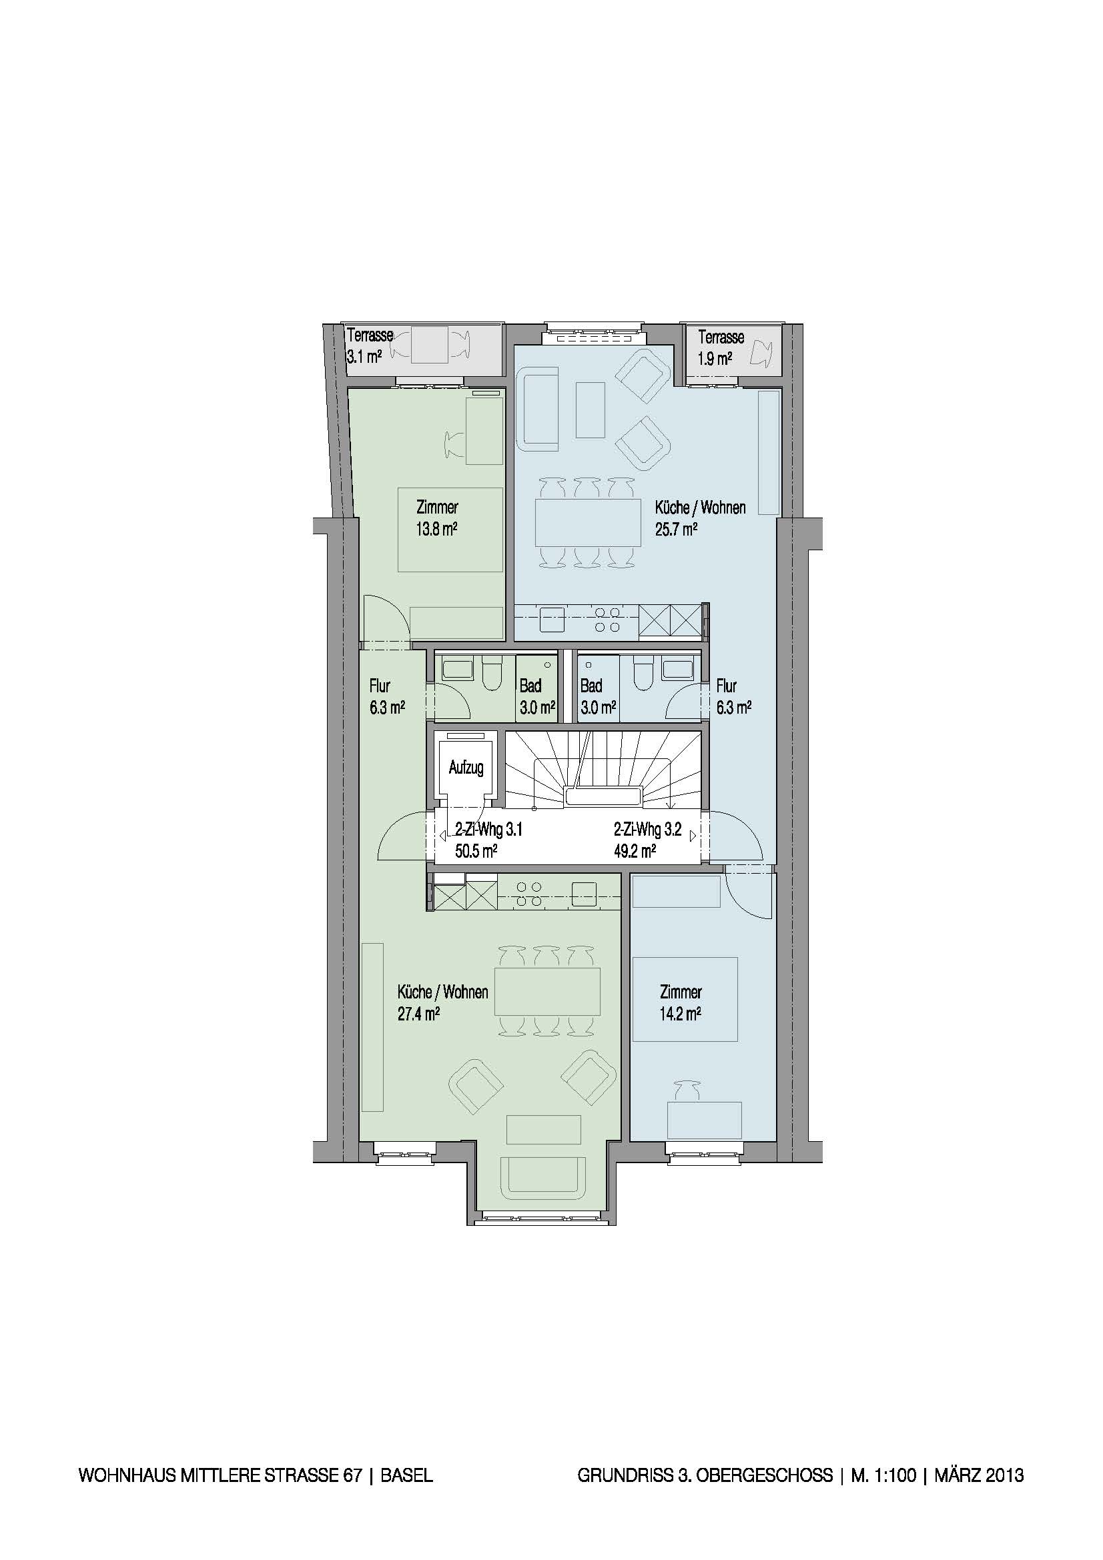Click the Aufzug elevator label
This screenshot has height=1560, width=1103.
coord(466,768)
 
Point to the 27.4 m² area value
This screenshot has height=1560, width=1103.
coord(418,1014)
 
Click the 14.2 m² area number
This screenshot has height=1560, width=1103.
coord(681,1014)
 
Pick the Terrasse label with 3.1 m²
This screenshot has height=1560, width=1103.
coord(370,335)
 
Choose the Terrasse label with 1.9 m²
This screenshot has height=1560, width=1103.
coord(721,337)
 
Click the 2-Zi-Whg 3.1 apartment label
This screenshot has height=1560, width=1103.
coord(488,830)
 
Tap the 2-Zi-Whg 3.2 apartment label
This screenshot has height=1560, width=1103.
coord(647,830)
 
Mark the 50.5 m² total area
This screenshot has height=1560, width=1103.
coord(476,850)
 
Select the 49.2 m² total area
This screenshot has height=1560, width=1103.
coord(635,850)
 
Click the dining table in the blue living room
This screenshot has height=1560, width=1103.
coord(588,522)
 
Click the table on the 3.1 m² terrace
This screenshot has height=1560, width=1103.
coord(429,344)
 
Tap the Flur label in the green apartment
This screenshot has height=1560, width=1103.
coord(379,686)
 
